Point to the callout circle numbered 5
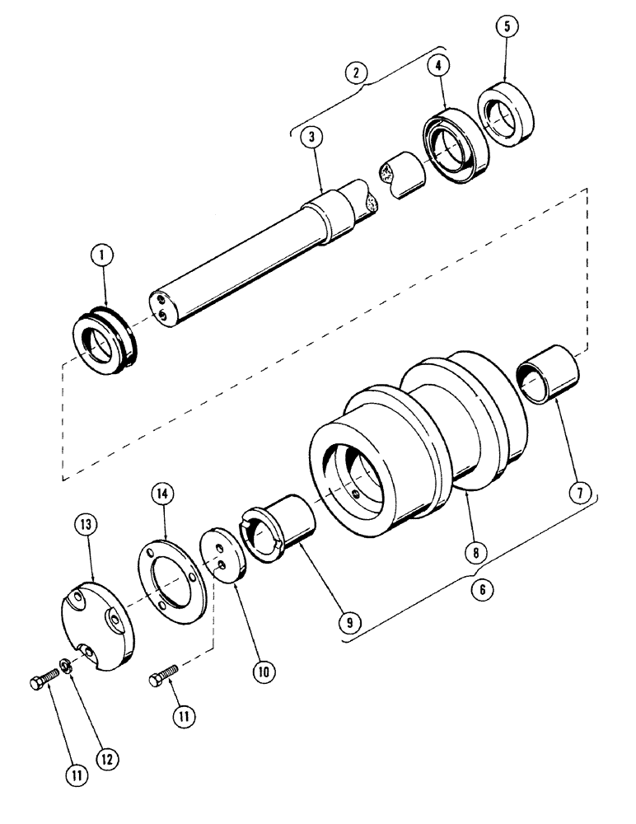[x=508, y=27]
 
